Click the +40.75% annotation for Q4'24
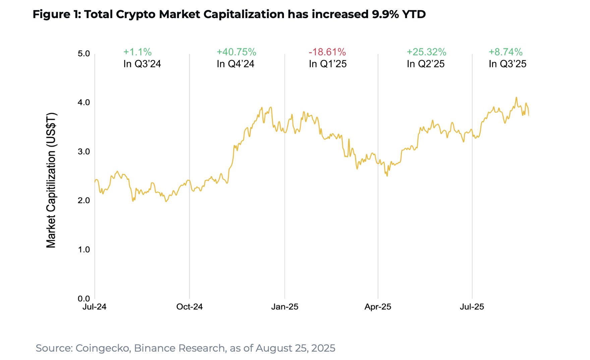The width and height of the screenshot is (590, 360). [236, 52]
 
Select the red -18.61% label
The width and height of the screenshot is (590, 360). [327, 52]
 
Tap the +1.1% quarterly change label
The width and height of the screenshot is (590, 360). [137, 52]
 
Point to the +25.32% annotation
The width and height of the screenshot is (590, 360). [426, 52]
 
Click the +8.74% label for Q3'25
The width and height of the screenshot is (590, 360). [506, 52]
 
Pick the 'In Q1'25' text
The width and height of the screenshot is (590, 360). [328, 64]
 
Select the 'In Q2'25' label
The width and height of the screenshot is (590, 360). [425, 64]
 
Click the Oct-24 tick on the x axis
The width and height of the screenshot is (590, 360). [189, 307]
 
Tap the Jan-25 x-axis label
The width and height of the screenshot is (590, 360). [285, 307]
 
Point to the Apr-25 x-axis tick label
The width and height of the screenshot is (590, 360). [378, 307]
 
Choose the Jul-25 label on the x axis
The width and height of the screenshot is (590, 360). [472, 307]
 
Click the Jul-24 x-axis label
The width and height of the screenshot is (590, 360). [95, 307]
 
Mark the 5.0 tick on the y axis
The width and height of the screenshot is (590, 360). [84, 54]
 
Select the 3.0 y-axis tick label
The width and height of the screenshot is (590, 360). [84, 152]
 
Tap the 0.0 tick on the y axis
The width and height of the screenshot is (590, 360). [84, 298]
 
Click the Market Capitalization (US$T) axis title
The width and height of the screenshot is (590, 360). [51, 180]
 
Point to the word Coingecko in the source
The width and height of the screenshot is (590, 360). [102, 348]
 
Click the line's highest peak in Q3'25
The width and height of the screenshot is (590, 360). [516, 98]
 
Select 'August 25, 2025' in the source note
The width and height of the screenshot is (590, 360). [295, 348]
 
